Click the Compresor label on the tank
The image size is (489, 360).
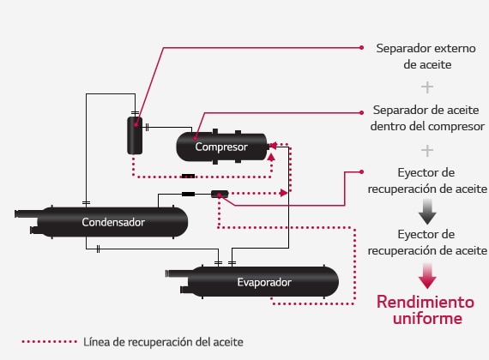[221, 147]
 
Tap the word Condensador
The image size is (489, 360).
[113, 222]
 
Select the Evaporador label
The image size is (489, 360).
[264, 282]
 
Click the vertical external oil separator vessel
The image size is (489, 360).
[135, 135]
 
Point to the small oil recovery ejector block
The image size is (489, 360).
[220, 195]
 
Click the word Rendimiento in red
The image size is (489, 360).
[426, 302]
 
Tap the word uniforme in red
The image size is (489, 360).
[427, 318]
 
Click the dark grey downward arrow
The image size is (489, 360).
[427, 212]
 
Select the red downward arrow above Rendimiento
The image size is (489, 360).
[427, 276]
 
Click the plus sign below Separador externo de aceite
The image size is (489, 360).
[427, 87]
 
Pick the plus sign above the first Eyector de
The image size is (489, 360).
[427, 151]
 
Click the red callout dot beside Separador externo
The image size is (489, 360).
[361, 48]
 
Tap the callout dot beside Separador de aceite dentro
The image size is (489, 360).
[361, 112]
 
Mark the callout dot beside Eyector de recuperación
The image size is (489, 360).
[361, 171]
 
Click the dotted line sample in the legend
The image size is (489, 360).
[49, 342]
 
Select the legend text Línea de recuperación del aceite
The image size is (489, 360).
[163, 342]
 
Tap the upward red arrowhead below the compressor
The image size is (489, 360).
[271, 157]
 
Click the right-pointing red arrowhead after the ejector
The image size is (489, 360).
[284, 193]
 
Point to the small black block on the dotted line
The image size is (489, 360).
[189, 177]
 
